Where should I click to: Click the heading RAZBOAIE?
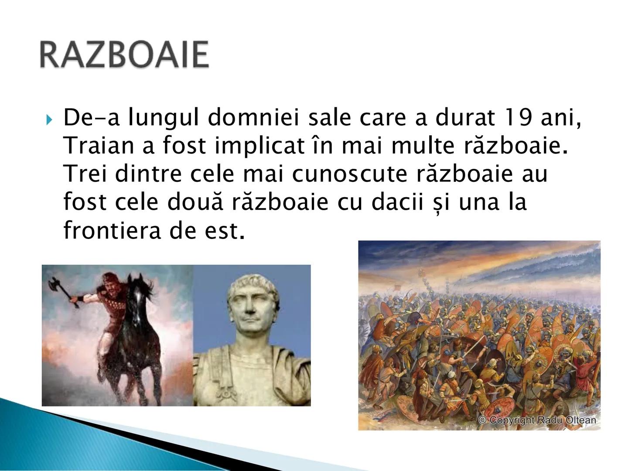pos(124,55)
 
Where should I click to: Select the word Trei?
pos(85,174)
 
